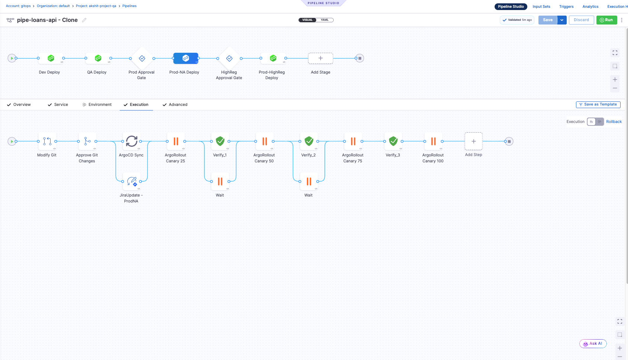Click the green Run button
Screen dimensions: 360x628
tap(606, 20)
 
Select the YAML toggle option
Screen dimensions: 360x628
tap(324, 20)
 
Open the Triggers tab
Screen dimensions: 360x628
tap(566, 7)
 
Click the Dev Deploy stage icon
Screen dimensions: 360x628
tap(51, 58)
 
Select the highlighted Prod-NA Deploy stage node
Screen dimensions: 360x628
tap(186, 58)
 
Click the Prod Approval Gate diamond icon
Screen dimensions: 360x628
tap(142, 58)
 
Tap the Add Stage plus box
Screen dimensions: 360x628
tap(320, 58)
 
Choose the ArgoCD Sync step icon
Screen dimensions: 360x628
tap(132, 141)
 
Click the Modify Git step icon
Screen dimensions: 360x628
tap(47, 141)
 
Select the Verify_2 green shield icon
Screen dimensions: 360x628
tap(309, 141)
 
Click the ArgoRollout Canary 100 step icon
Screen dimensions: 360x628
tap(433, 141)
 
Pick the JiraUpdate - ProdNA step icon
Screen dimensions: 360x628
tap(132, 181)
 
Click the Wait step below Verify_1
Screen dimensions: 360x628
tap(220, 181)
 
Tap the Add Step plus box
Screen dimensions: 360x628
tap(473, 141)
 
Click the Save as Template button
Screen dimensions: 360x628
tap(598, 104)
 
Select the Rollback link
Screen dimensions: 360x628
tap(614, 122)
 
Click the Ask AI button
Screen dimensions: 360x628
tap(593, 344)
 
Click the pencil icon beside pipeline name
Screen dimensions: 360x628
tap(84, 20)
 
